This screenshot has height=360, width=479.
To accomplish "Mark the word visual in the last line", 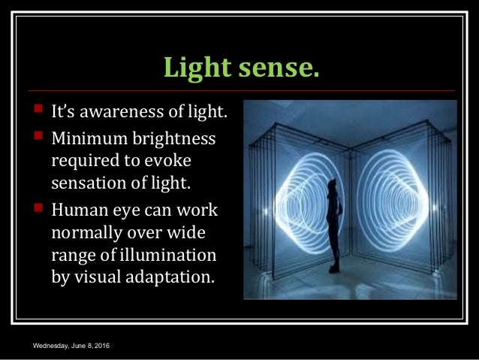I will pyautogui.click(x=94, y=273).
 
